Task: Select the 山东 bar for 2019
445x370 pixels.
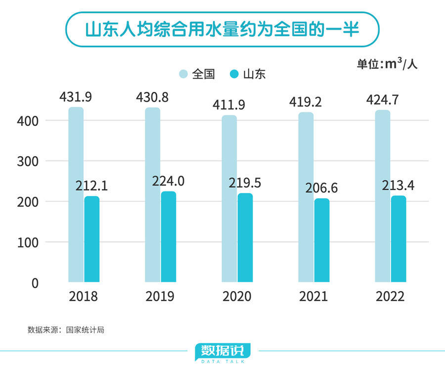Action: (169, 237)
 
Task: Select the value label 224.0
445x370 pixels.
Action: (169, 181)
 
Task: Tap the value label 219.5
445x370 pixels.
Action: (245, 183)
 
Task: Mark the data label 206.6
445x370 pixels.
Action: (321, 189)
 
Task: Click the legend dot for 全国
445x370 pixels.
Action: (183, 75)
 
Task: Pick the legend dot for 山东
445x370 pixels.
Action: (234, 75)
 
